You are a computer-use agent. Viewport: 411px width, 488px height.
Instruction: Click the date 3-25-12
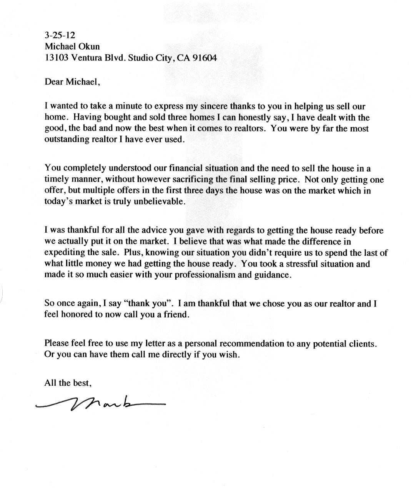(x=60, y=35)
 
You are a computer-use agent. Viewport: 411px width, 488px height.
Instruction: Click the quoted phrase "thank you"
(x=148, y=303)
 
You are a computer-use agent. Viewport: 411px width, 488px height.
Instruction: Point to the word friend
(x=176, y=315)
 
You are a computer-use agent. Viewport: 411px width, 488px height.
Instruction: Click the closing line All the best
(x=68, y=383)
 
